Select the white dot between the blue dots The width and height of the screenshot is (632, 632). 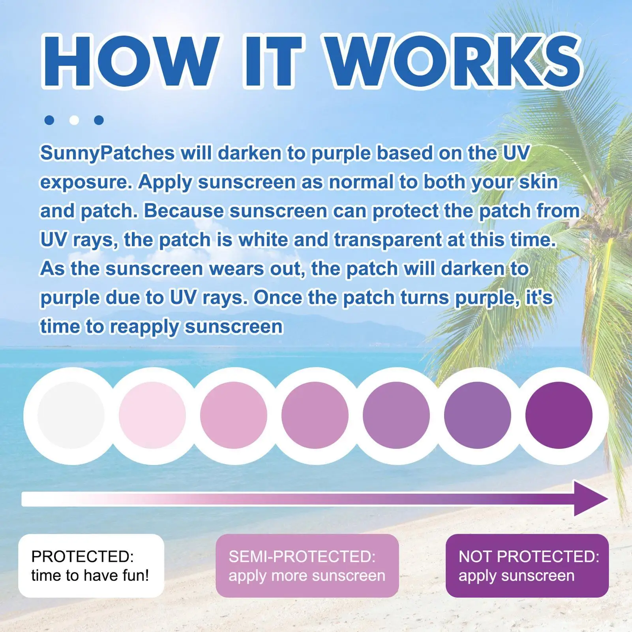tap(74, 120)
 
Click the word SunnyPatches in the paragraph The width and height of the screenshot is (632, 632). tap(107, 154)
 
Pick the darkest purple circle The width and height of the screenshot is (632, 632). tap(559, 415)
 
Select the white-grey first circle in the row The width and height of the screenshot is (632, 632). tap(71, 415)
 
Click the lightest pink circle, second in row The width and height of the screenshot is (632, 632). tap(152, 415)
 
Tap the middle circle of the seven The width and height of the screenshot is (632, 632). tap(315, 415)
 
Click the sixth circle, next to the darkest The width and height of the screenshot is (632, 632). tap(478, 415)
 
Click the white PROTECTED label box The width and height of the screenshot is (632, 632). tap(91, 566)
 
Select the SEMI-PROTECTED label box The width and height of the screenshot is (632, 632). tap(307, 566)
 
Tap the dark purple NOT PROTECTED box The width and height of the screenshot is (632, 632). tap(527, 566)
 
